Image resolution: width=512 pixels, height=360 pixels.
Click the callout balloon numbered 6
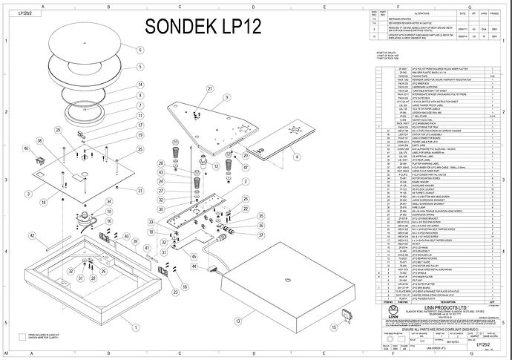(139, 50)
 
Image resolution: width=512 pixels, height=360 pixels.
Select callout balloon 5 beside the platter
(139, 67)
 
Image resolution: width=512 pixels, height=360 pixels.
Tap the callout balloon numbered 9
(139, 105)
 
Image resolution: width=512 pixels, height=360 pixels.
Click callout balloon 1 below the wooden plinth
(136, 327)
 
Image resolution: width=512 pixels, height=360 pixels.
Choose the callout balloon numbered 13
(237, 321)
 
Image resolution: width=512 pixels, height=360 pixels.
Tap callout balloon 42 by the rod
(32, 235)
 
